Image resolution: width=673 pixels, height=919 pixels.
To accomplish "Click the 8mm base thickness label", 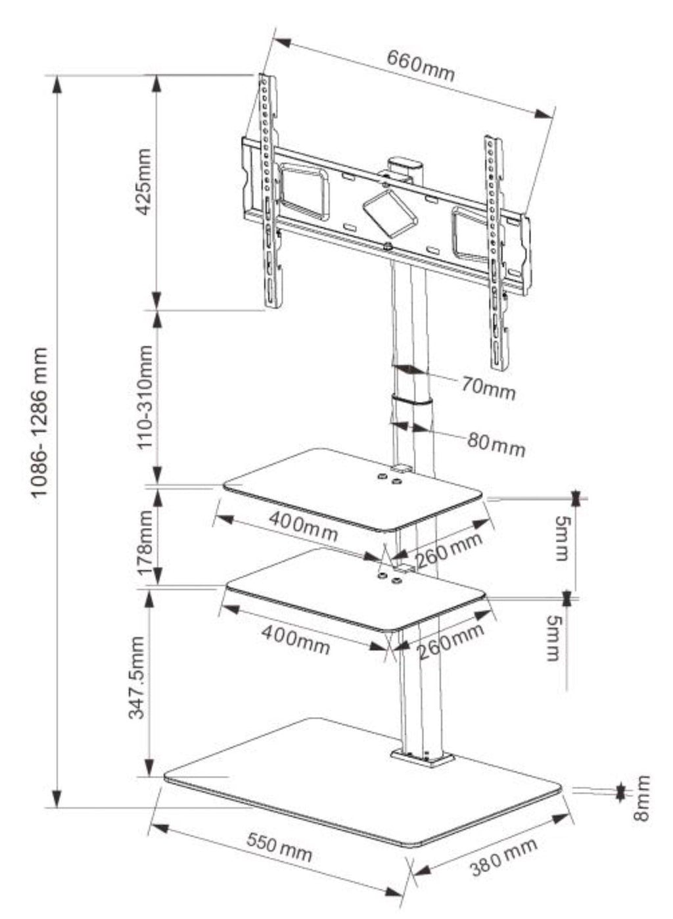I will pyautogui.click(x=642, y=797).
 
